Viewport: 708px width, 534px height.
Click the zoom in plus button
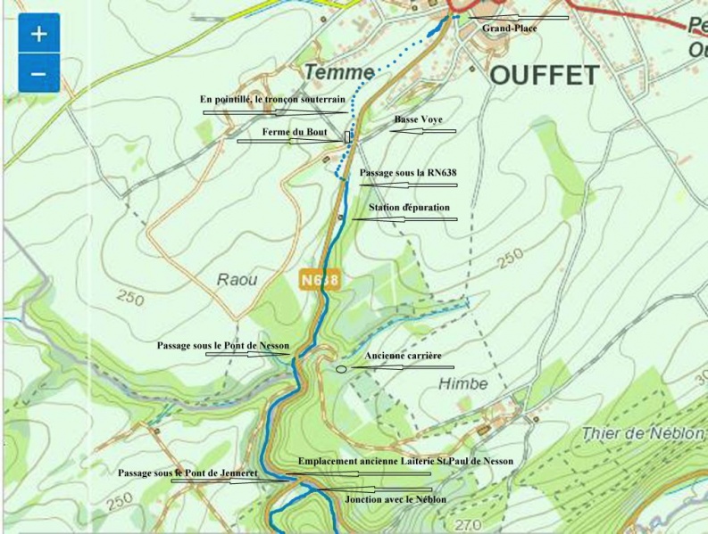pos(38,34)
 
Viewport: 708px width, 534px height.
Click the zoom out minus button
pos(38,73)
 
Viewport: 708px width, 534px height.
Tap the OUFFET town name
pos(544,75)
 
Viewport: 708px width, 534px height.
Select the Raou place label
pos(237,280)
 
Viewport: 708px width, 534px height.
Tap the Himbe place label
pos(463,383)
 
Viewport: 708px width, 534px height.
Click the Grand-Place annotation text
pos(510,29)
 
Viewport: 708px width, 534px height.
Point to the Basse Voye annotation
pos(418,119)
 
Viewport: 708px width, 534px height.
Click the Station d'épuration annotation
pos(409,208)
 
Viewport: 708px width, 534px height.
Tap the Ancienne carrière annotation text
pos(403,356)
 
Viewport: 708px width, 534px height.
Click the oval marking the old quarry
pos(341,368)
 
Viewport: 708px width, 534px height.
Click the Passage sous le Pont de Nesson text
pos(223,344)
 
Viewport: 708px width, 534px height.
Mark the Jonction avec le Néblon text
pos(396,499)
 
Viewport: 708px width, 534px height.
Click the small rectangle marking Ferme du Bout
pos(347,136)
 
